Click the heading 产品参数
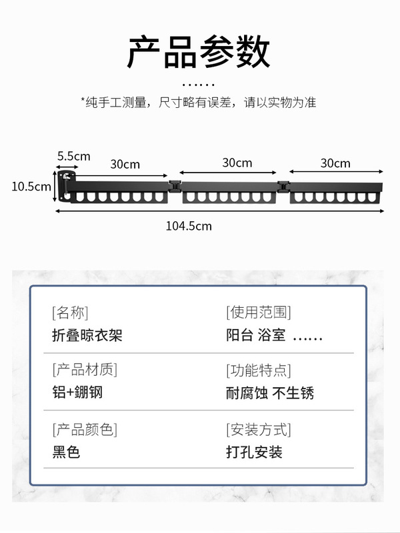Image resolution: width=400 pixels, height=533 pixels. [199, 52]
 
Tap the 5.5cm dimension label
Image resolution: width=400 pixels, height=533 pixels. [73, 156]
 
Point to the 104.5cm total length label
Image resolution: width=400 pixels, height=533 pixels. [189, 226]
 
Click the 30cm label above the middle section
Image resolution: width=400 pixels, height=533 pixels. [237, 163]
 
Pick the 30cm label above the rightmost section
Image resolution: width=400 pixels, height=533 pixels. [335, 163]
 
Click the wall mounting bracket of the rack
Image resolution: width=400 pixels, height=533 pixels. [65, 186]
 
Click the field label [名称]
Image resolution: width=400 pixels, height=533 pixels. [70, 312]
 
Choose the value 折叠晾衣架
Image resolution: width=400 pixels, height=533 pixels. [87, 334]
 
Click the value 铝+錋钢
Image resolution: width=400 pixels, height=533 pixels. [77, 392]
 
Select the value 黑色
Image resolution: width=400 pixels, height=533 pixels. [66, 452]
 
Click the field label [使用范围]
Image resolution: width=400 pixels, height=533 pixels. [259, 312]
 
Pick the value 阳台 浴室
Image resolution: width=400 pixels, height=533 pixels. [256, 334]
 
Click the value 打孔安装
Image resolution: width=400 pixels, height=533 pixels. [254, 452]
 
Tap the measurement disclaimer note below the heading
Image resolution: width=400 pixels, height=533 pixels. [199, 103]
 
